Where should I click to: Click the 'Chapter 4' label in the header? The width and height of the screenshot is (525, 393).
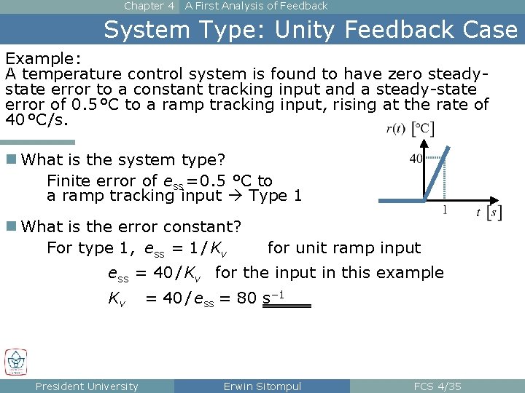pyautogui.click(x=149, y=6)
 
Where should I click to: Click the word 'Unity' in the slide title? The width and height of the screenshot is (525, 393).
pyautogui.click(x=309, y=30)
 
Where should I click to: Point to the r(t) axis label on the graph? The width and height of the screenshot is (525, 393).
pyautogui.click(x=396, y=129)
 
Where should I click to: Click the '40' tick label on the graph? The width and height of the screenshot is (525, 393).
pyautogui.click(x=416, y=159)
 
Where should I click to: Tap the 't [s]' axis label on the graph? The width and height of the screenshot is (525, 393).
pyautogui.click(x=488, y=213)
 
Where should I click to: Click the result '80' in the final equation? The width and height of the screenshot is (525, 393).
pyautogui.click(x=246, y=298)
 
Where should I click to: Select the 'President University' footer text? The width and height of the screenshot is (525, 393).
pyautogui.click(x=87, y=386)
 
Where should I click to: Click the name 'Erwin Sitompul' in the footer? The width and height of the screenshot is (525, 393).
pyautogui.click(x=262, y=386)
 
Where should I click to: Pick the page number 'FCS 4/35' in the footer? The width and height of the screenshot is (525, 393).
pyautogui.click(x=437, y=386)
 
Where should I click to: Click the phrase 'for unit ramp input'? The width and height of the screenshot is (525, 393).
pyautogui.click(x=344, y=247)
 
